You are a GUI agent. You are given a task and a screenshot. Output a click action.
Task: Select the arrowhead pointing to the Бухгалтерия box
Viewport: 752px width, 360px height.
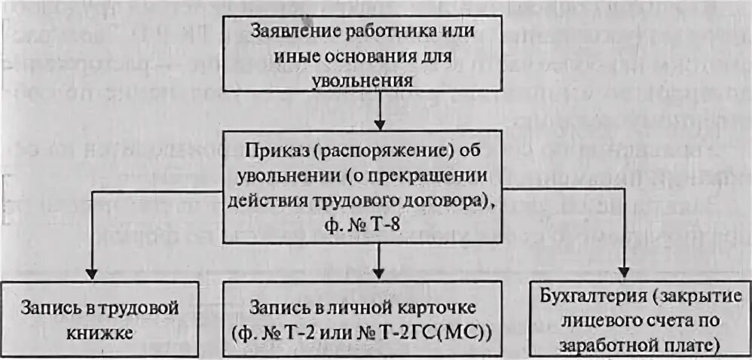click(625, 272)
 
